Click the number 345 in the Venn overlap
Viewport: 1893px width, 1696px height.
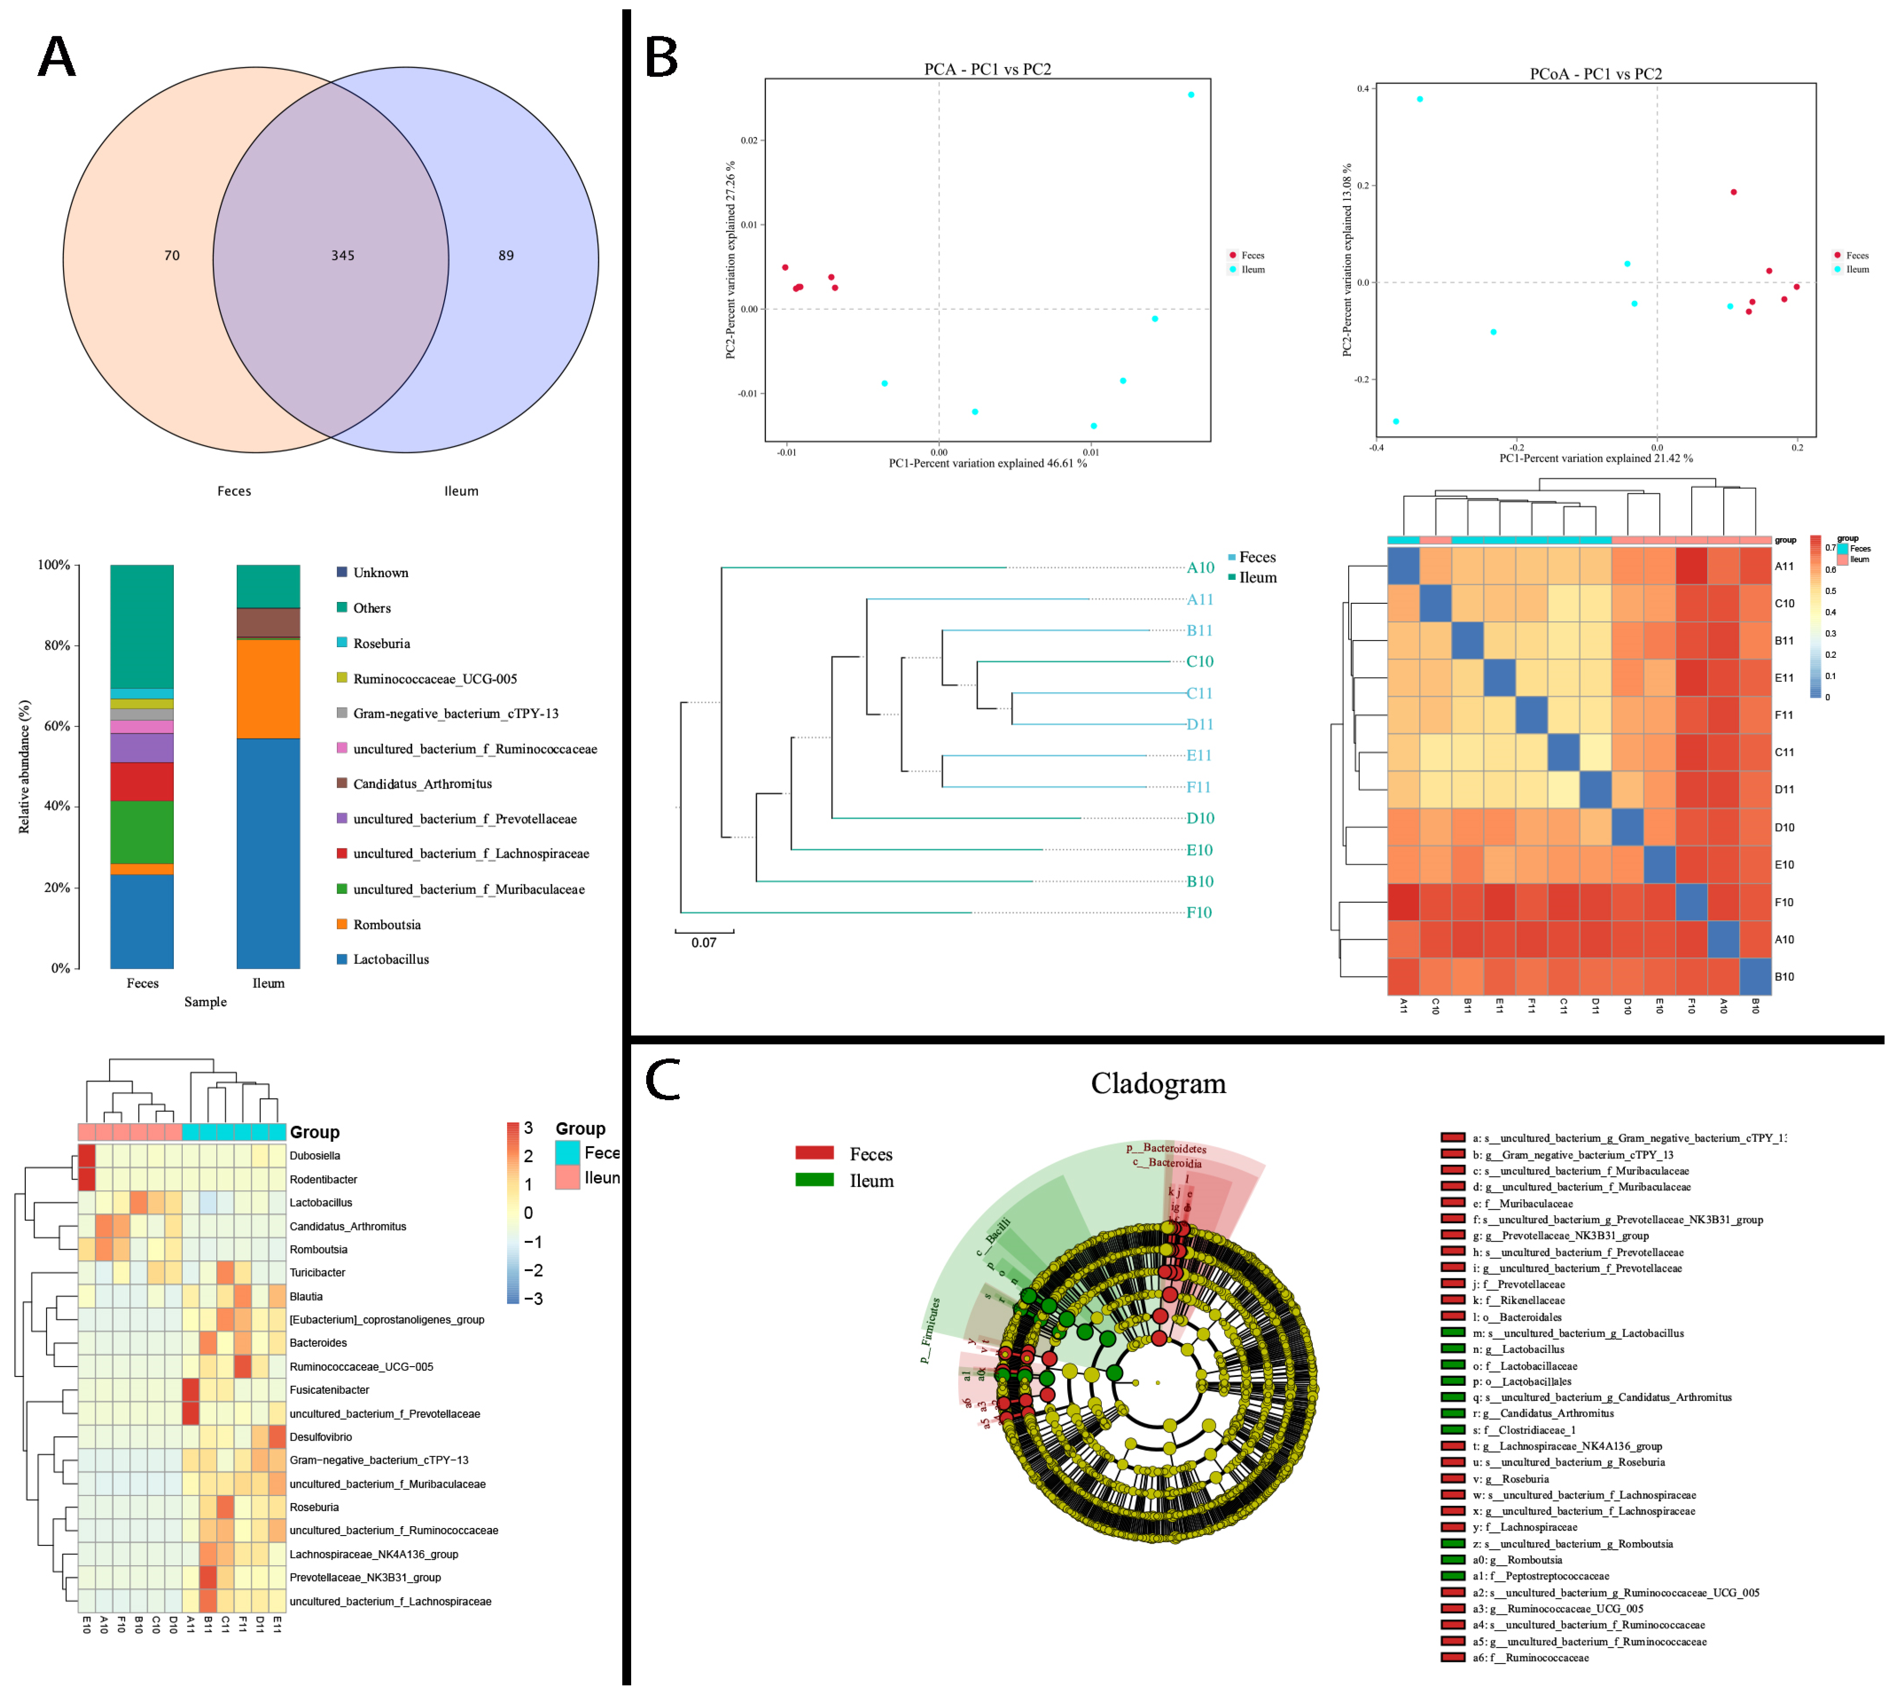tap(343, 255)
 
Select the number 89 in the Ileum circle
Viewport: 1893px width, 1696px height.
tap(506, 255)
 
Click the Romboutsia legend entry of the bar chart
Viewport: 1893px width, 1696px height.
tap(386, 924)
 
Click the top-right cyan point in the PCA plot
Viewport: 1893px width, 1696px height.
tap(1190, 95)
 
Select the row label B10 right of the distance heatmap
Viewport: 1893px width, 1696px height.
tap(1784, 977)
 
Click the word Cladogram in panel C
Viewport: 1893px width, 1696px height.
tap(1158, 1084)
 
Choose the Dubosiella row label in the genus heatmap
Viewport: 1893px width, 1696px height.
tap(315, 1156)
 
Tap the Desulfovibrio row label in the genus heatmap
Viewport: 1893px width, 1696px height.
tap(320, 1437)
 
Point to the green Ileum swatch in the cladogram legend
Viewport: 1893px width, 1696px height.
tap(814, 1180)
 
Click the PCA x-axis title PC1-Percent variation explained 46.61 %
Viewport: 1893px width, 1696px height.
tap(987, 463)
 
